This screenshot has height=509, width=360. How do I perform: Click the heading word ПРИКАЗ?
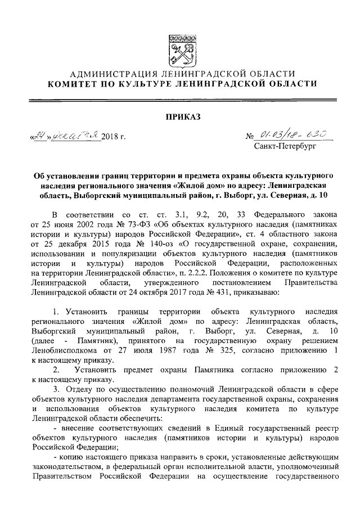pos(180,117)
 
